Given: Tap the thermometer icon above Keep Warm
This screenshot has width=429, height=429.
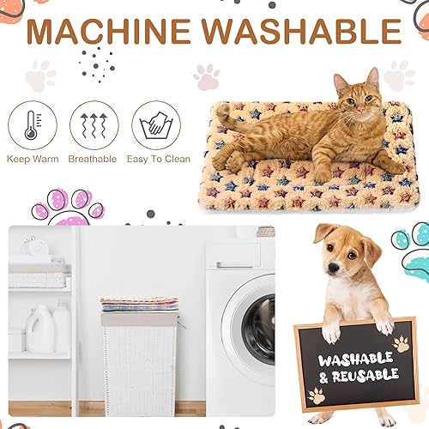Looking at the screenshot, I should pyautogui.click(x=33, y=124).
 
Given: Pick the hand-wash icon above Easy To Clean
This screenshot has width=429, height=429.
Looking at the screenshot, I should pyautogui.click(x=156, y=124).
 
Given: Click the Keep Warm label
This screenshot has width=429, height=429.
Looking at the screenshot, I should pyautogui.click(x=33, y=159).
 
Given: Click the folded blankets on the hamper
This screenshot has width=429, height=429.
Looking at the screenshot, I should pyautogui.click(x=140, y=304).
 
